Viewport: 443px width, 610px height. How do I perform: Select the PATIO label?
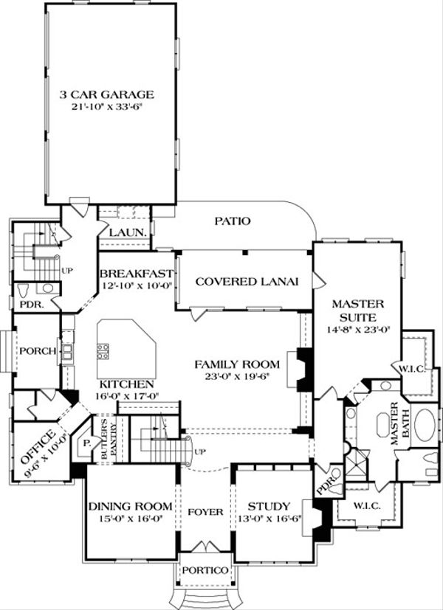pyautogui.click(x=233, y=221)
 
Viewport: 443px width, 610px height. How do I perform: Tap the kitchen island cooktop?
pyautogui.click(x=103, y=348)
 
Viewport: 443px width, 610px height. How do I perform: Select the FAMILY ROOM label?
pyautogui.click(x=236, y=364)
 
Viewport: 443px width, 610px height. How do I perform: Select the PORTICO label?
pyautogui.click(x=205, y=571)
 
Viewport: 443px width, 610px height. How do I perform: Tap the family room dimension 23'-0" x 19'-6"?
pyautogui.click(x=236, y=375)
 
